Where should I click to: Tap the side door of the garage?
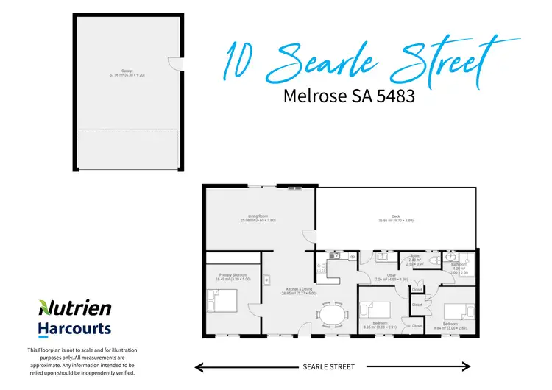tap(173, 64)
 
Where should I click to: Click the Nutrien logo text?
tap(75, 308)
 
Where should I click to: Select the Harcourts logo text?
tap(74, 329)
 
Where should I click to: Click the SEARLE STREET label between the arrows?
tap(328, 366)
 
